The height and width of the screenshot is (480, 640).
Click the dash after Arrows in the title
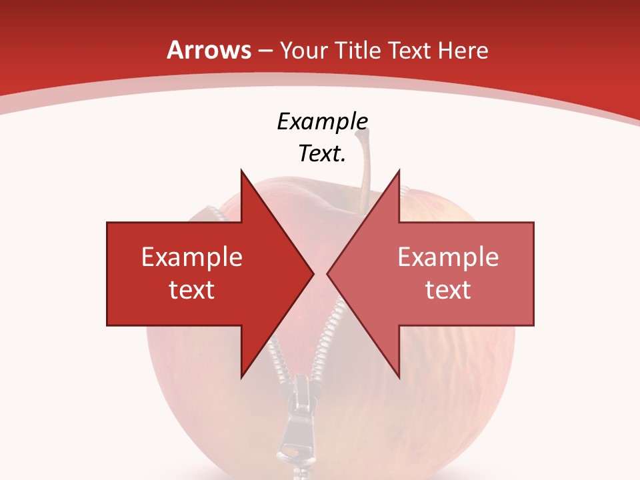[264, 51]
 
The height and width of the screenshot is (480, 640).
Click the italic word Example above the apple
[322, 122]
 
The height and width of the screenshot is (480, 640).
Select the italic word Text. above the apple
[322, 154]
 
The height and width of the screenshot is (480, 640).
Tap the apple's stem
[364, 170]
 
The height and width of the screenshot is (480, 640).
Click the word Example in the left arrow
[192, 257]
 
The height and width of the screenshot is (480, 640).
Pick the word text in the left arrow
[192, 289]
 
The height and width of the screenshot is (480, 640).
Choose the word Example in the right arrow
[448, 257]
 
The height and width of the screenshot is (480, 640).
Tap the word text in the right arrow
[448, 289]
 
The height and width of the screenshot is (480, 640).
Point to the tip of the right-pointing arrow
[313, 273]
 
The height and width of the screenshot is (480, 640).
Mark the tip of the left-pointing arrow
[327, 273]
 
